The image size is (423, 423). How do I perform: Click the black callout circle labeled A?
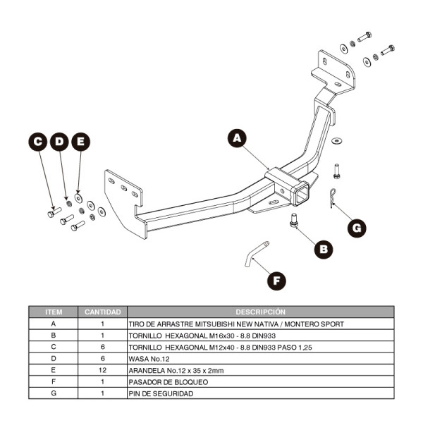pyautogui.click(x=238, y=138)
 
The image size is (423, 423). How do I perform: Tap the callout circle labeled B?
pyautogui.click(x=323, y=248)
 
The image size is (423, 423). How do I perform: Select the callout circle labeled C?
pyautogui.click(x=39, y=142)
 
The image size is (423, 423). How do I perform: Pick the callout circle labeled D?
pyautogui.click(x=60, y=142)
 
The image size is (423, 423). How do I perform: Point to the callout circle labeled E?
pyautogui.click(x=81, y=142)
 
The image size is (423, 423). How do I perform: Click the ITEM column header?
pyautogui.click(x=54, y=312)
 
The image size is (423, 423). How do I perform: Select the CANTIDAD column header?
pyautogui.click(x=103, y=312)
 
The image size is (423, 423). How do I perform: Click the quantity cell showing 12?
pyautogui.click(x=103, y=369)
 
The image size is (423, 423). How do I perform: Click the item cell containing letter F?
pyautogui.click(x=54, y=381)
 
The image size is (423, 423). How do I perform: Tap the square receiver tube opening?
pyautogui.click(x=302, y=192)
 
